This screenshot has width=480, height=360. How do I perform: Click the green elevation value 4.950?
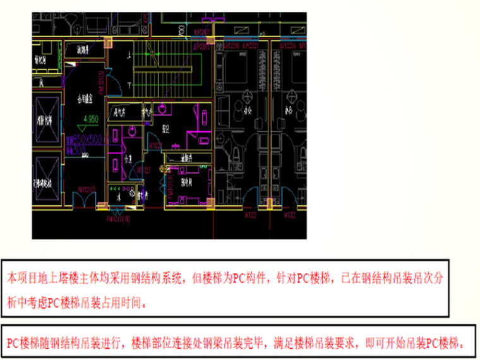click(x=88, y=118)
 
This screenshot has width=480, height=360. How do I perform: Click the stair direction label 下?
click(x=129, y=83)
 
